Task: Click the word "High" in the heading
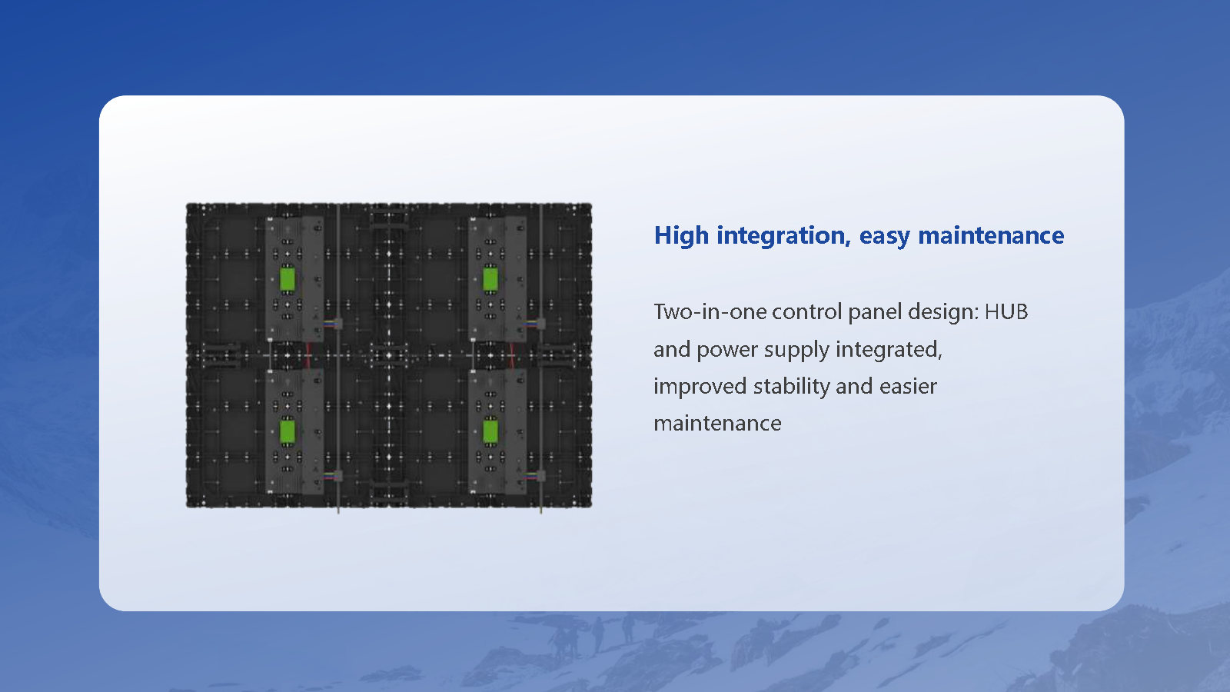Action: pyautogui.click(x=681, y=236)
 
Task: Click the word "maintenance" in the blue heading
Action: pyautogui.click(x=991, y=235)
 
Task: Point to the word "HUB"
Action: pyautogui.click(x=1006, y=312)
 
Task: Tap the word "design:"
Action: pyautogui.click(x=943, y=313)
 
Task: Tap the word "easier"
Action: pyautogui.click(x=908, y=387)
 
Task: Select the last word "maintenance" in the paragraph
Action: pyautogui.click(x=717, y=424)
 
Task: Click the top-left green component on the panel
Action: pyautogui.click(x=288, y=279)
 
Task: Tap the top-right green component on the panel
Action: pyautogui.click(x=490, y=279)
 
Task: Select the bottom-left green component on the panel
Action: pyautogui.click(x=288, y=431)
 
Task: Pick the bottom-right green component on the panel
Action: pyautogui.click(x=490, y=431)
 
